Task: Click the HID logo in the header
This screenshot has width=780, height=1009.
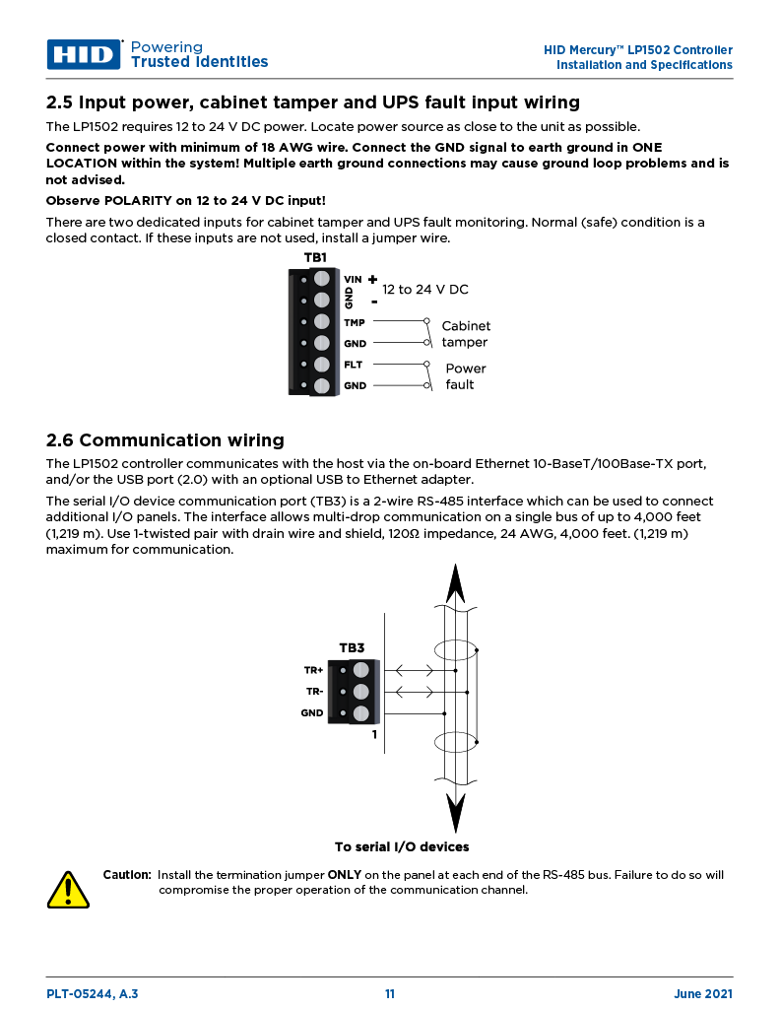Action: (84, 54)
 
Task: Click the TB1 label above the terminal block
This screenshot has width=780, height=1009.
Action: (315, 258)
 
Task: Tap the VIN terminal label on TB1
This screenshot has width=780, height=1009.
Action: (353, 279)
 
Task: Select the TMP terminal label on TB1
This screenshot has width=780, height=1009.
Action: (354, 322)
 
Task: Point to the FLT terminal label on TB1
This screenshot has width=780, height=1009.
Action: (354, 365)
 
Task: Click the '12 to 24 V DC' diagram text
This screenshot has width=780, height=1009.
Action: (424, 290)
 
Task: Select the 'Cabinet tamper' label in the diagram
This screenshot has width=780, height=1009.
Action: (465, 334)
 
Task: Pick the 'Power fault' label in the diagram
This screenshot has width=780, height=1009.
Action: (465, 376)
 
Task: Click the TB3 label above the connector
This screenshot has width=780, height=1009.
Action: (352, 648)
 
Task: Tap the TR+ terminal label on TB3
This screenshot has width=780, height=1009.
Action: (313, 670)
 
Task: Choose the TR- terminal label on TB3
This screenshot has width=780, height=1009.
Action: (314, 692)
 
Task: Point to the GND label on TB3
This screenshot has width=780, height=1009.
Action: (312, 712)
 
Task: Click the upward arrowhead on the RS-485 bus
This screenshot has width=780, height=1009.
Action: (455, 583)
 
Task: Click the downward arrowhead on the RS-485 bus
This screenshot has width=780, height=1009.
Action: (455, 814)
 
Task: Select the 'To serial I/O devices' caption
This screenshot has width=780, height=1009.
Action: (401, 846)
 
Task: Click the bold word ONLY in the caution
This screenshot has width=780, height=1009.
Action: (344, 874)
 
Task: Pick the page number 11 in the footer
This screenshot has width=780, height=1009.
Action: (390, 994)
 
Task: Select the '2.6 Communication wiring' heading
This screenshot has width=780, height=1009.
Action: (165, 440)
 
